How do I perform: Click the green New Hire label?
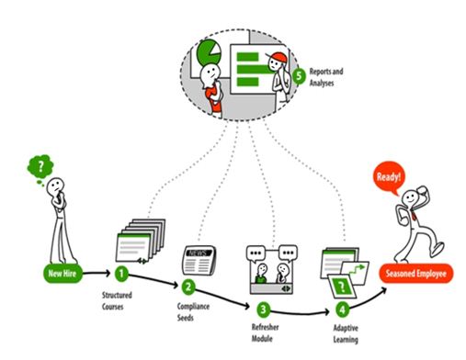click(63, 273)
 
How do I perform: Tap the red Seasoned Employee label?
click(415, 273)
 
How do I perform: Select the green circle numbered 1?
click(121, 274)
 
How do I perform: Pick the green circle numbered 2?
click(188, 287)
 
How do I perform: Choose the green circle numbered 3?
click(263, 309)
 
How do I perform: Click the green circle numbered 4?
click(342, 309)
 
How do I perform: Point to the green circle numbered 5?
click(299, 76)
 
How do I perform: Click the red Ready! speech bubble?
click(389, 178)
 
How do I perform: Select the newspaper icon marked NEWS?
click(199, 261)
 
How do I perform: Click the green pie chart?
click(209, 53)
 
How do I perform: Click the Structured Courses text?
click(117, 301)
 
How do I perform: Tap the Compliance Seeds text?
click(193, 311)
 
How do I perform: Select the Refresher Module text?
click(265, 332)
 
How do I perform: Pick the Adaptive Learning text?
click(346, 333)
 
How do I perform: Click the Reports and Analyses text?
click(326, 77)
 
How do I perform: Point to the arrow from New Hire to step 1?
click(97, 273)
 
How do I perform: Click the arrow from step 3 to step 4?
click(300, 312)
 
